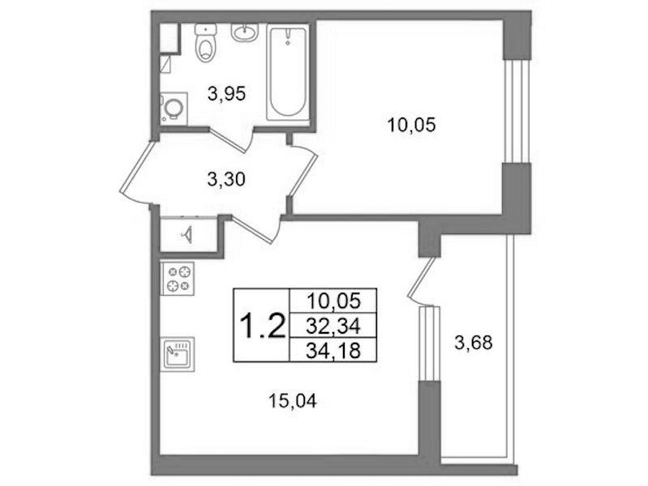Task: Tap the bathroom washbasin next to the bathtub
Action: click(x=244, y=32)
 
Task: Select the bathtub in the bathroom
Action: click(x=288, y=73)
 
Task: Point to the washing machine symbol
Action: click(x=174, y=109)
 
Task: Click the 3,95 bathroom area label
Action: click(x=227, y=94)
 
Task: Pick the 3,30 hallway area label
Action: click(x=226, y=180)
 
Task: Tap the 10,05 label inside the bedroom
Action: click(x=411, y=125)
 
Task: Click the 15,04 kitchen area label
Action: click(x=293, y=401)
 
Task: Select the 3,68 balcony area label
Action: click(x=474, y=343)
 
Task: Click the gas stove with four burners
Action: click(x=178, y=279)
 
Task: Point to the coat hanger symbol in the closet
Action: click(x=187, y=235)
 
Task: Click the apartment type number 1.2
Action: click(x=263, y=326)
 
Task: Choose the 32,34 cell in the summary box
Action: click(x=333, y=326)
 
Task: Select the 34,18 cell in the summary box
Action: click(x=333, y=351)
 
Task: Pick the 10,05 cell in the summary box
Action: click(x=333, y=301)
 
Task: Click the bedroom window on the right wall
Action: click(x=516, y=111)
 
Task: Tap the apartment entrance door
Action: click(x=137, y=173)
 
